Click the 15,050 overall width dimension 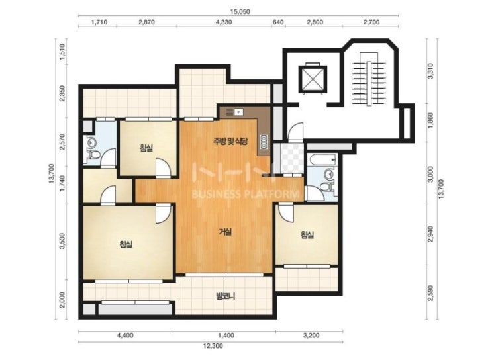[240, 12]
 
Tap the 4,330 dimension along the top [224, 22]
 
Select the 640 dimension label [278, 22]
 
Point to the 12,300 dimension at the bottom [213, 346]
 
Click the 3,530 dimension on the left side [62, 241]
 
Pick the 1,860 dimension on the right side [431, 120]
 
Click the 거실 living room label [225, 232]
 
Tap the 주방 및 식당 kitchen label [231, 142]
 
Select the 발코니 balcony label [225, 296]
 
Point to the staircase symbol [369, 84]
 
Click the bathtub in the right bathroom [322, 159]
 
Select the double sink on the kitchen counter [264, 141]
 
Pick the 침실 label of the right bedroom [307, 234]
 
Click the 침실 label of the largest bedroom [126, 244]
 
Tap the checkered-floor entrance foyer [293, 158]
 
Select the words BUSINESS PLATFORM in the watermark [245, 194]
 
